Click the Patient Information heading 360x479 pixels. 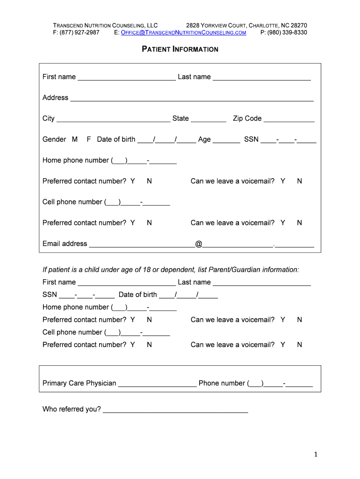(x=180, y=49)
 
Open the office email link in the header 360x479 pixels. (x=183, y=33)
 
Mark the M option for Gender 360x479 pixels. (x=75, y=139)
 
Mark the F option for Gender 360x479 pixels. (x=89, y=139)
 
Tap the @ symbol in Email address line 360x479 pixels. (x=199, y=244)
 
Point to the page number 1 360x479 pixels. (x=316, y=455)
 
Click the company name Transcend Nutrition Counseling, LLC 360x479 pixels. (x=105, y=25)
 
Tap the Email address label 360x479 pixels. (x=65, y=244)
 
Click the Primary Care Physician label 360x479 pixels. (x=79, y=383)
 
